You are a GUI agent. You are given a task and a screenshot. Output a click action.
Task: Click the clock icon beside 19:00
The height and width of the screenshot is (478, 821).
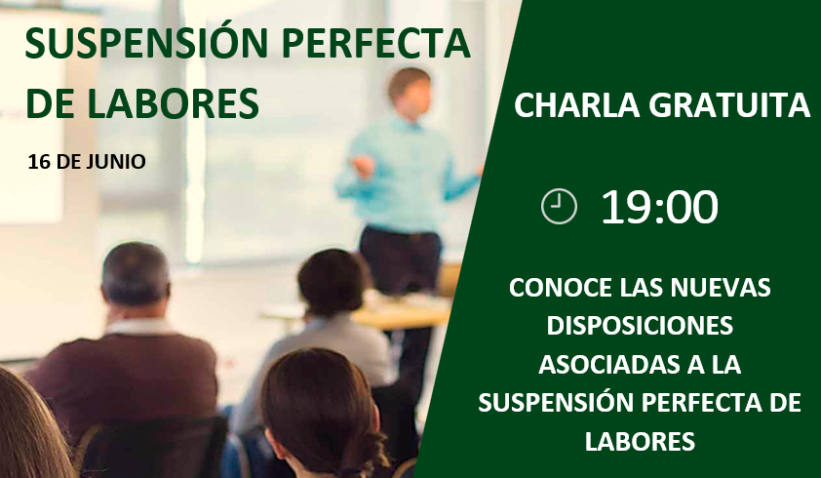click(559, 207)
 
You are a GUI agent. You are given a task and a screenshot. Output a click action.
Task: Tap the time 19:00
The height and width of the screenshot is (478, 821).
click(659, 207)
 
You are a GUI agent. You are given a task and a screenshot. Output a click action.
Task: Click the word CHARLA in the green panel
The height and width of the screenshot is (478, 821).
click(577, 104)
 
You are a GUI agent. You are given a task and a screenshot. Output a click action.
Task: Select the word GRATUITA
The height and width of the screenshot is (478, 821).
click(729, 104)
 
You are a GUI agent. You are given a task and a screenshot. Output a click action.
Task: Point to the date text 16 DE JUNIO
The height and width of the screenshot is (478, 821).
click(87, 162)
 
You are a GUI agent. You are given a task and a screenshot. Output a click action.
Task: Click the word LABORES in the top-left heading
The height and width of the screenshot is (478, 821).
click(173, 103)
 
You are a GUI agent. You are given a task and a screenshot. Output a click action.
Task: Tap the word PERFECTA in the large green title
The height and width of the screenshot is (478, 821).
click(376, 43)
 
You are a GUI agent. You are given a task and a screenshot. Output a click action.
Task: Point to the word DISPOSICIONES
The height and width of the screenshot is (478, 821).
click(640, 326)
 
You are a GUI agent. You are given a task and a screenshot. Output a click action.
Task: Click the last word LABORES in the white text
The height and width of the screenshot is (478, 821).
click(640, 441)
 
